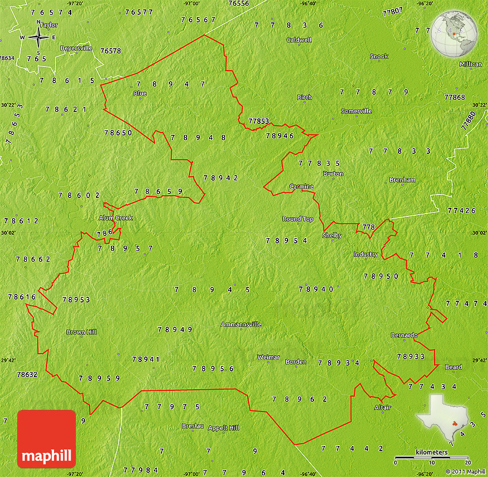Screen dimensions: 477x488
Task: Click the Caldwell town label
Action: point(299,40)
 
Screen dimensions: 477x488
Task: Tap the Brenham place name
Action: point(402,180)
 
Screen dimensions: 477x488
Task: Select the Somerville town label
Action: point(356,111)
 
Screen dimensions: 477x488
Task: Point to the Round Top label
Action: point(298,219)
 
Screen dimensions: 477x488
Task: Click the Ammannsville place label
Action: point(241,324)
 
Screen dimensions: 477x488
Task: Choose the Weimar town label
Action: point(268,357)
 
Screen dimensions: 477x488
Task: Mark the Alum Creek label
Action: point(115,218)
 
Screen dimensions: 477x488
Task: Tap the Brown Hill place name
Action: point(82,332)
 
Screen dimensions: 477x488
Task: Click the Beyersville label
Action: point(76,48)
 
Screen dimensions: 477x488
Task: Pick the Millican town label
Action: point(471,64)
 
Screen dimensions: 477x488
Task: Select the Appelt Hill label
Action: point(223,428)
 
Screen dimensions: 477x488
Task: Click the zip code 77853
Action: point(258,121)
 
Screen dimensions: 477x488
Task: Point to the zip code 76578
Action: point(111,51)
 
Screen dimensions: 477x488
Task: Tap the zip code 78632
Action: point(27,374)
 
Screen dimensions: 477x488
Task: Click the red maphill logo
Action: point(47,439)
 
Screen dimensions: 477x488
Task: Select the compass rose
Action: point(38,38)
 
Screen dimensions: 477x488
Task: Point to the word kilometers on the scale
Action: point(431,452)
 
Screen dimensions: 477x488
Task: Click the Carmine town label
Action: point(301,186)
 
